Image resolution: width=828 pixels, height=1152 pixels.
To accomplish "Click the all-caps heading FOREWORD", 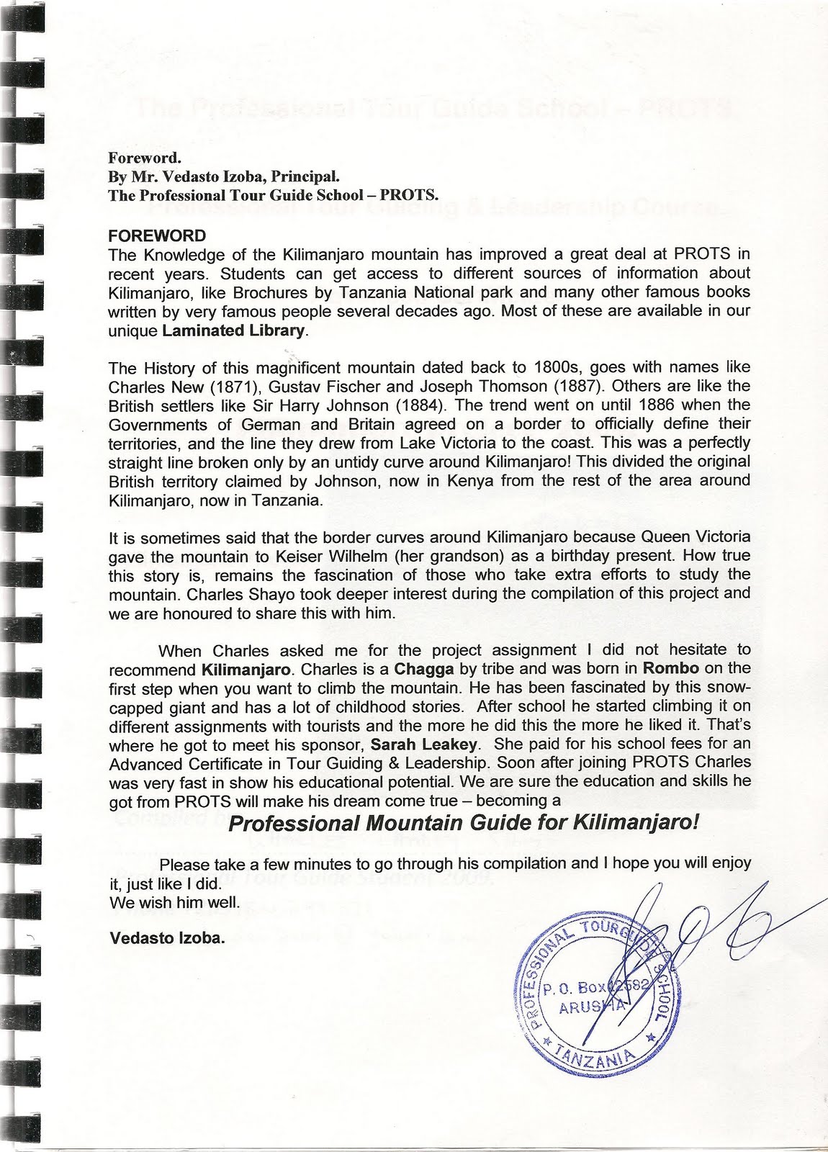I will click(x=156, y=235).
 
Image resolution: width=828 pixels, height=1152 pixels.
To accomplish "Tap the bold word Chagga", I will click(x=418, y=669).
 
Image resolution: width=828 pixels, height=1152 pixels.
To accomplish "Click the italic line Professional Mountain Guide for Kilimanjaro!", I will click(x=463, y=824).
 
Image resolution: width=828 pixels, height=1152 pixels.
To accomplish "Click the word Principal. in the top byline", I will click(x=300, y=176).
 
